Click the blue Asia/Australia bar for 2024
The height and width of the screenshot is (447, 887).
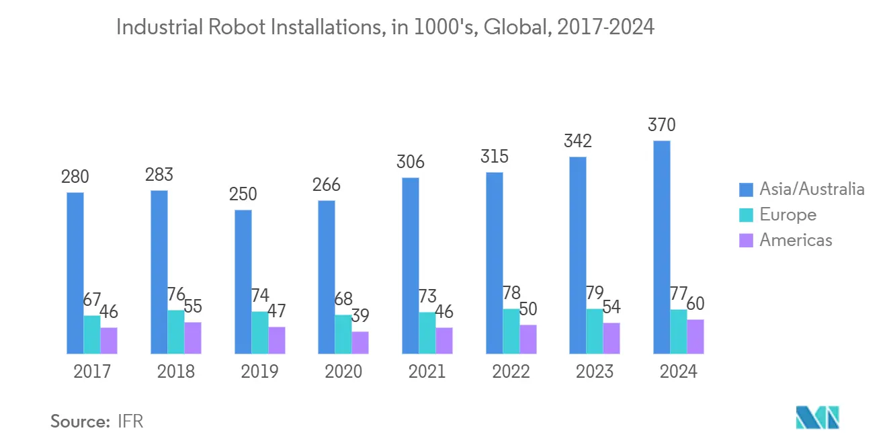pos(661,247)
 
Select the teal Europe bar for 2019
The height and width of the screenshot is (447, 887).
pos(259,333)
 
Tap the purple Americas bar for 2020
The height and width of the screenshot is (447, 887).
pos(360,343)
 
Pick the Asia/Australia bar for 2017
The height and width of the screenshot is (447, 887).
pos(75,273)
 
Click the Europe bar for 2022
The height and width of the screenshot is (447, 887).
pos(511,331)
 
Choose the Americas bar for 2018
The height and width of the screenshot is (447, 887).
pos(193,338)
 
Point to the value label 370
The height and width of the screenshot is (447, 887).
pos(661,126)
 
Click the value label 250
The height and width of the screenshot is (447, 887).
pos(243,194)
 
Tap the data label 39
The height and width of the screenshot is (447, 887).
pos(360,316)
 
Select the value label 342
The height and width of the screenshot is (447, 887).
pos(578,142)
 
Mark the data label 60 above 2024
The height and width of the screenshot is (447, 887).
pos(695,304)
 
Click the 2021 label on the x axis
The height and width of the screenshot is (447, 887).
pos(427,372)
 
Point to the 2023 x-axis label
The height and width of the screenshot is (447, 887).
pos(595,372)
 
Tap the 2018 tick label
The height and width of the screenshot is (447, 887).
pos(176,372)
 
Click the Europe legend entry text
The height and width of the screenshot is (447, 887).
pos(788,215)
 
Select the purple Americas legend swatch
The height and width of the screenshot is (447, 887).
pos(745,241)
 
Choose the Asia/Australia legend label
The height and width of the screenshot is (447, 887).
pos(812,190)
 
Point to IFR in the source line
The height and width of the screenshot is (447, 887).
pos(130,422)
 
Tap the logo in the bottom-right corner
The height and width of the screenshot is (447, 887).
pos(817,417)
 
